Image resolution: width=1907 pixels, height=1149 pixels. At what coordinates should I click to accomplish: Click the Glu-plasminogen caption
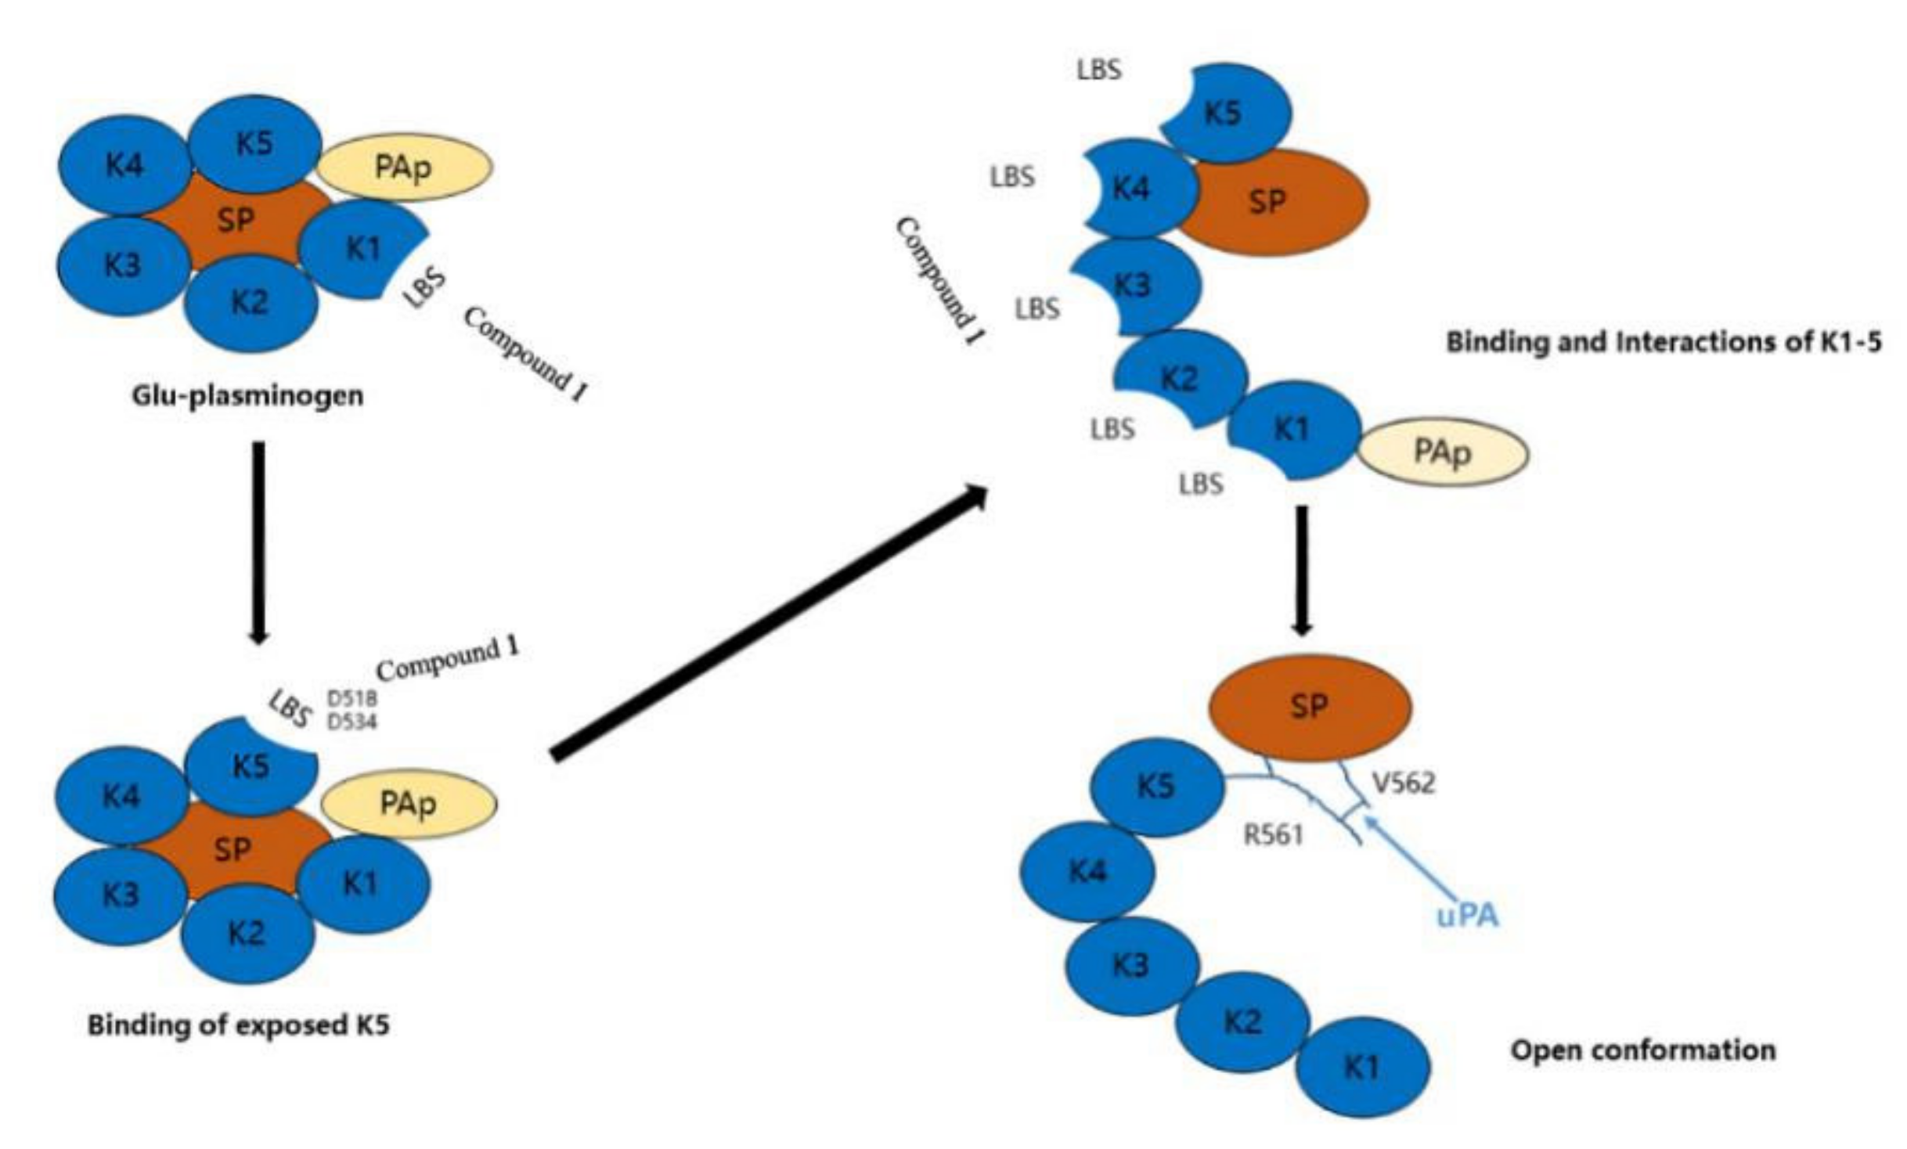click(x=247, y=396)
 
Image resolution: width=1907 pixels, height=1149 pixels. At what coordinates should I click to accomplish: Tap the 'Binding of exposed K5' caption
click(x=238, y=1025)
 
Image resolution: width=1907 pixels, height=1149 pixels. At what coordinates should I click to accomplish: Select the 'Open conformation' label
click(x=1642, y=1050)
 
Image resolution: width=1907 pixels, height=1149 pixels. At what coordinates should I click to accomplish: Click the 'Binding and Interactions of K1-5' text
click(x=1663, y=343)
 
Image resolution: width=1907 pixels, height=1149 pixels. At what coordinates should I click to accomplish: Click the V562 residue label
click(x=1404, y=783)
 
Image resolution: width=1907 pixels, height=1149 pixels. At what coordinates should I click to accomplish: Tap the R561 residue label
click(x=1274, y=835)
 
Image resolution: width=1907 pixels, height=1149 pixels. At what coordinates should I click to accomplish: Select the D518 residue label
click(x=351, y=698)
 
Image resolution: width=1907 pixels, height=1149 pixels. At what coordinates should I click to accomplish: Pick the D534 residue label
click(x=351, y=721)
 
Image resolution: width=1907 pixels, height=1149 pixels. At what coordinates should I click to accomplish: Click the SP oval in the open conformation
click(x=1310, y=708)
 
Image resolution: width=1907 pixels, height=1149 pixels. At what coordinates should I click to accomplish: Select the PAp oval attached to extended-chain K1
click(x=1442, y=452)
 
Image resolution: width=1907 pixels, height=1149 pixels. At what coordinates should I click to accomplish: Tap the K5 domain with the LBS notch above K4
click(x=1223, y=114)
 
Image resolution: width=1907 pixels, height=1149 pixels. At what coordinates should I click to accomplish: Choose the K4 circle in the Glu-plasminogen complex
click(x=124, y=165)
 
